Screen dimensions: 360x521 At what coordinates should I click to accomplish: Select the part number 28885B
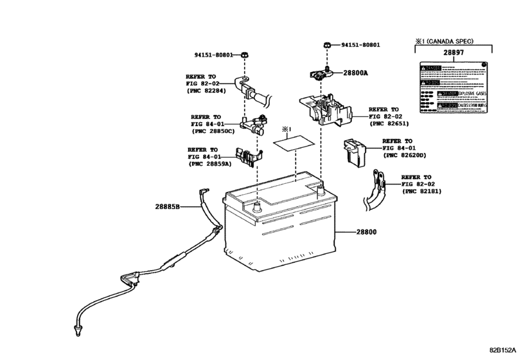click(x=168, y=206)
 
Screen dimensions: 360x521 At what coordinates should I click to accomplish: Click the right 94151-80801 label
click(x=360, y=45)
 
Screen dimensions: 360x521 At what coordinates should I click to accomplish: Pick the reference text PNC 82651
click(x=391, y=124)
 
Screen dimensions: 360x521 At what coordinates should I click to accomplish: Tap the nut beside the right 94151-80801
click(x=327, y=46)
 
